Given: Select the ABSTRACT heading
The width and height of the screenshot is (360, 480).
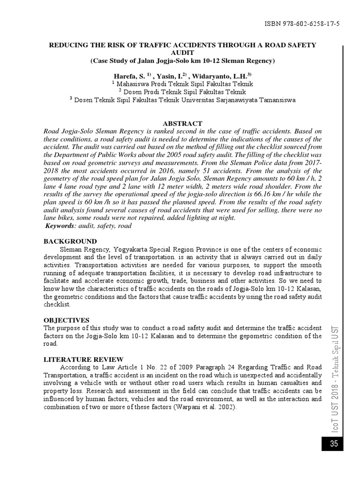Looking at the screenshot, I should [x=182, y=123].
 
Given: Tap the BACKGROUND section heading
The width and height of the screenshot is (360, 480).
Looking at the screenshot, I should [x=70, y=240].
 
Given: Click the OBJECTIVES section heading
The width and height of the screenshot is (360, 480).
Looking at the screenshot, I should [x=66, y=320].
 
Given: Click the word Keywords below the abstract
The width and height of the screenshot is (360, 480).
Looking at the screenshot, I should [x=60, y=226].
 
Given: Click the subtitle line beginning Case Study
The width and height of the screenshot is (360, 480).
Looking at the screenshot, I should [x=182, y=61].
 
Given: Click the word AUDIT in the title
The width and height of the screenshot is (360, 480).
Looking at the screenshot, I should [x=182, y=53].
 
